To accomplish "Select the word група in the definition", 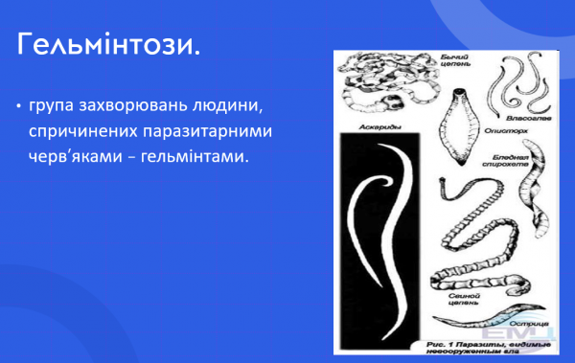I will click(x=53, y=103).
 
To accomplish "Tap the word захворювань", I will click(x=136, y=103).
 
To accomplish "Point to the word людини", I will click(x=231, y=103).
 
